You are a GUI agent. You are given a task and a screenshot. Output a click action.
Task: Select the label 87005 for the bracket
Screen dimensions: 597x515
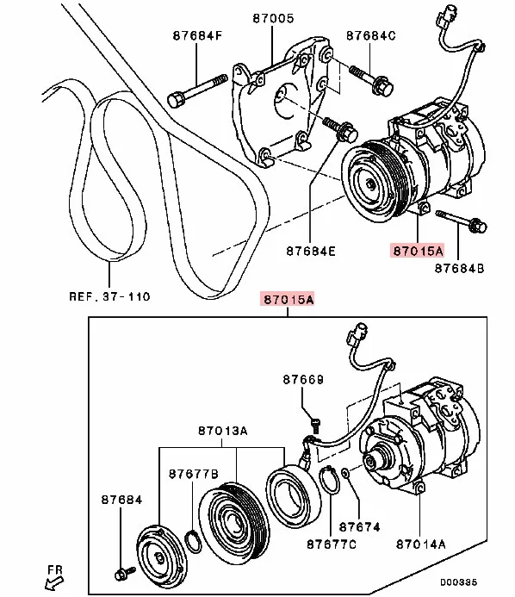coord(274,16)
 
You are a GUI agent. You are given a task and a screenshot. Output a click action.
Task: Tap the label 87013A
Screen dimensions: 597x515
coord(222,430)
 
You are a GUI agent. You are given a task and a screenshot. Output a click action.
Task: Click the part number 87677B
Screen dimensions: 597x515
coord(194,474)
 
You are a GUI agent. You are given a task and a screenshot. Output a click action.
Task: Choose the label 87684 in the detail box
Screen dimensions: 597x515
coord(121,499)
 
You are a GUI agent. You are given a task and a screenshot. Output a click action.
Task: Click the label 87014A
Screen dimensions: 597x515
coord(422,544)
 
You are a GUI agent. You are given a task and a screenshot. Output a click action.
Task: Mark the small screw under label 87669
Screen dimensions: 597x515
coord(315,421)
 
